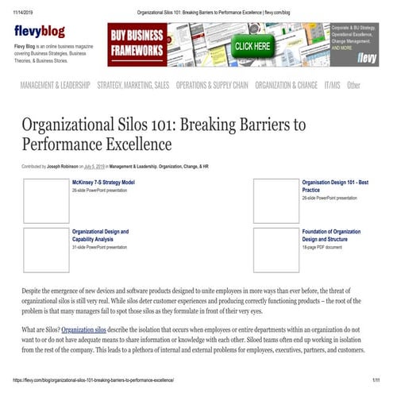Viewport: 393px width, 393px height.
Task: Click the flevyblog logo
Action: point(40,32)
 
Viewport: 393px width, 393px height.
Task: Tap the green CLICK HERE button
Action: point(253,46)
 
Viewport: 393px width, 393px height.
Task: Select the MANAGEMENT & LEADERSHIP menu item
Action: point(55,85)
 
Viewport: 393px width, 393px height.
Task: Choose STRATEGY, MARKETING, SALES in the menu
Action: point(133,85)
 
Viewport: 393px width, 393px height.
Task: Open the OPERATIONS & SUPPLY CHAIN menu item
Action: point(212,85)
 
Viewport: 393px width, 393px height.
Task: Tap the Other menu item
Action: point(353,85)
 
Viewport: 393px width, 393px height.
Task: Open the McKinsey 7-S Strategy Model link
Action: point(104,182)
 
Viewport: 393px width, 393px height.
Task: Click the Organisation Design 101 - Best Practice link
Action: point(334,186)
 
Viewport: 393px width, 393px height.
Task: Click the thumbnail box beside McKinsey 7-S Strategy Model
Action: point(46,201)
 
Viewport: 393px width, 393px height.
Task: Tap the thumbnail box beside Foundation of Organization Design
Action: point(275,250)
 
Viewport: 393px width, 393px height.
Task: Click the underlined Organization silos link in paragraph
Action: point(83,329)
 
